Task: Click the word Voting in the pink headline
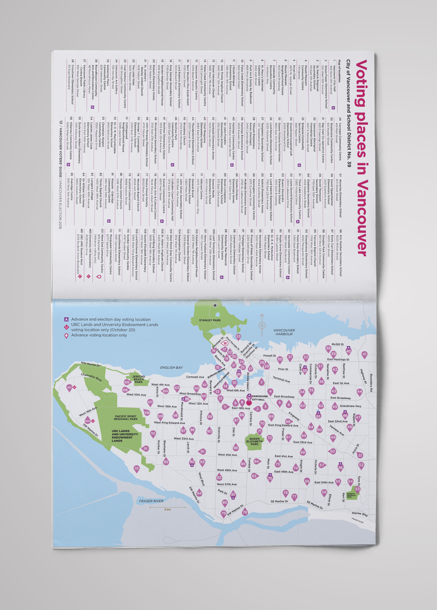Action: (361, 83)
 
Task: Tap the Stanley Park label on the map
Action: (210, 320)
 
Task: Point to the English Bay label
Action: (171, 367)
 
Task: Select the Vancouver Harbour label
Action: (284, 332)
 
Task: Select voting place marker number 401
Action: (69, 387)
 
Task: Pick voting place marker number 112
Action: (137, 468)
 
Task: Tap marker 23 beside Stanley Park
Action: (238, 336)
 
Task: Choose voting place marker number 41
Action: (364, 355)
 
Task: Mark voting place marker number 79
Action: (224, 514)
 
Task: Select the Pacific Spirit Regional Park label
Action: (126, 418)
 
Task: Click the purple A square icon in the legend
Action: (66, 319)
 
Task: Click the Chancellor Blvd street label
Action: (91, 377)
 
